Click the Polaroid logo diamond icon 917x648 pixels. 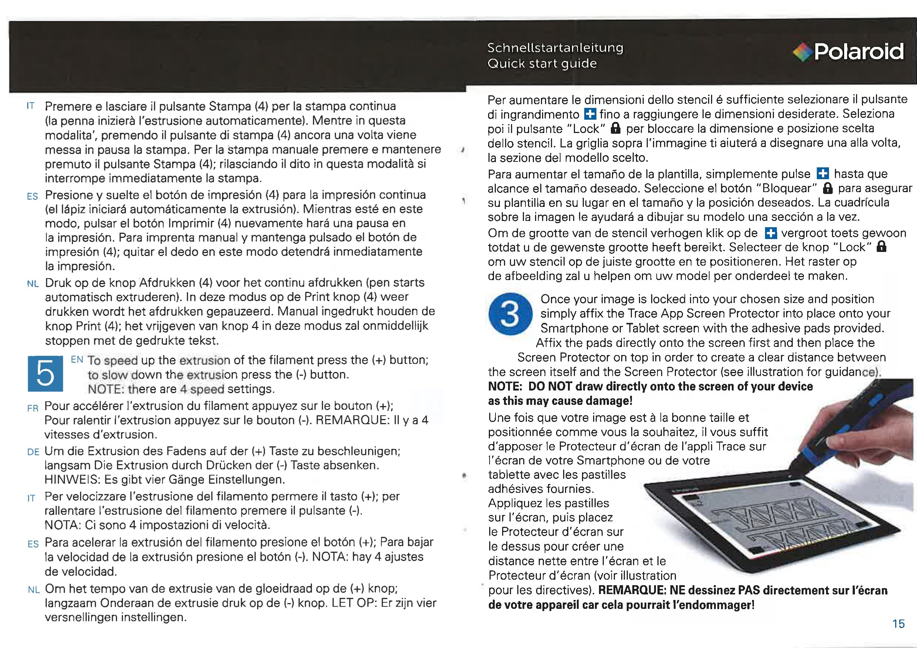[802, 52]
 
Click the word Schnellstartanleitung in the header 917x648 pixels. [555, 48]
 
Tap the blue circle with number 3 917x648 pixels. [510, 314]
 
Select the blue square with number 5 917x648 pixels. [45, 374]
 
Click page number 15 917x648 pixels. [898, 624]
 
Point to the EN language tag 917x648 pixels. [77, 359]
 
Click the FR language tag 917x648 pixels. [33, 408]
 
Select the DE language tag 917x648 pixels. [33, 452]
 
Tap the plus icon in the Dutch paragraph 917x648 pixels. [771, 233]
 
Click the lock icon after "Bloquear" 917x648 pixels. [828, 188]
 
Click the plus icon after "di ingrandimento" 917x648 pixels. [589, 115]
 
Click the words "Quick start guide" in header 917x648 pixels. [542, 64]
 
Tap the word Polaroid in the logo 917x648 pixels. [859, 51]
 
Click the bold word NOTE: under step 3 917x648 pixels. [505, 386]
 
